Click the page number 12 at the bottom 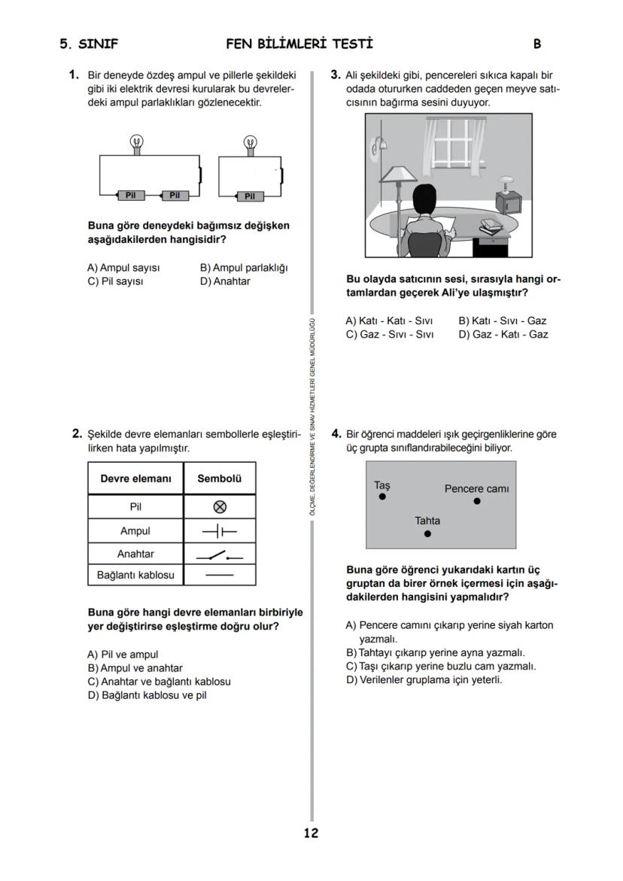311,833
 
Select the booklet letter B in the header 536,44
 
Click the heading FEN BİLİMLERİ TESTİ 299,44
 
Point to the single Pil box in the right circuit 250,196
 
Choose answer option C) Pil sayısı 115,281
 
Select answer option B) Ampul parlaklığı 244,268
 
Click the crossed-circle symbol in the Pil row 220,507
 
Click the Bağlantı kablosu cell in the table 135,575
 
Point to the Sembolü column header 220,478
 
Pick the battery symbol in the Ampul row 220,531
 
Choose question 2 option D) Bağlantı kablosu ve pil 147,695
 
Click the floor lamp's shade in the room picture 398,175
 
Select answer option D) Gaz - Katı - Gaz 503,335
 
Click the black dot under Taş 382,497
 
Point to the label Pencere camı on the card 476,488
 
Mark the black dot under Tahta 427,533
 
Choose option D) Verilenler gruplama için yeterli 424,680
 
